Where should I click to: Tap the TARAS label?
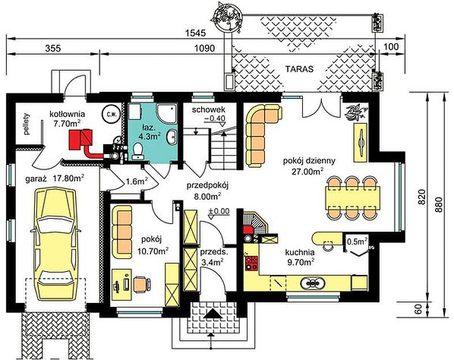click(299, 69)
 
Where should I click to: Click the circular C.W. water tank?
click(112, 115)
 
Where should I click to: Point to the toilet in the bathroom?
click(137, 151)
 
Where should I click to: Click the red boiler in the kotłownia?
click(80, 140)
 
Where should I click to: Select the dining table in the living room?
click(352, 198)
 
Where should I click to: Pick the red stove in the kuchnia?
click(251, 263)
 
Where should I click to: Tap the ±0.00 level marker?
click(219, 211)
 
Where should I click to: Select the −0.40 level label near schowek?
click(214, 118)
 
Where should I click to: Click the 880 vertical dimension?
click(440, 205)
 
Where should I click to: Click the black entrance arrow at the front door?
click(213, 314)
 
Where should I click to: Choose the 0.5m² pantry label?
click(357, 241)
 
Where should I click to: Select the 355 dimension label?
click(52, 49)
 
